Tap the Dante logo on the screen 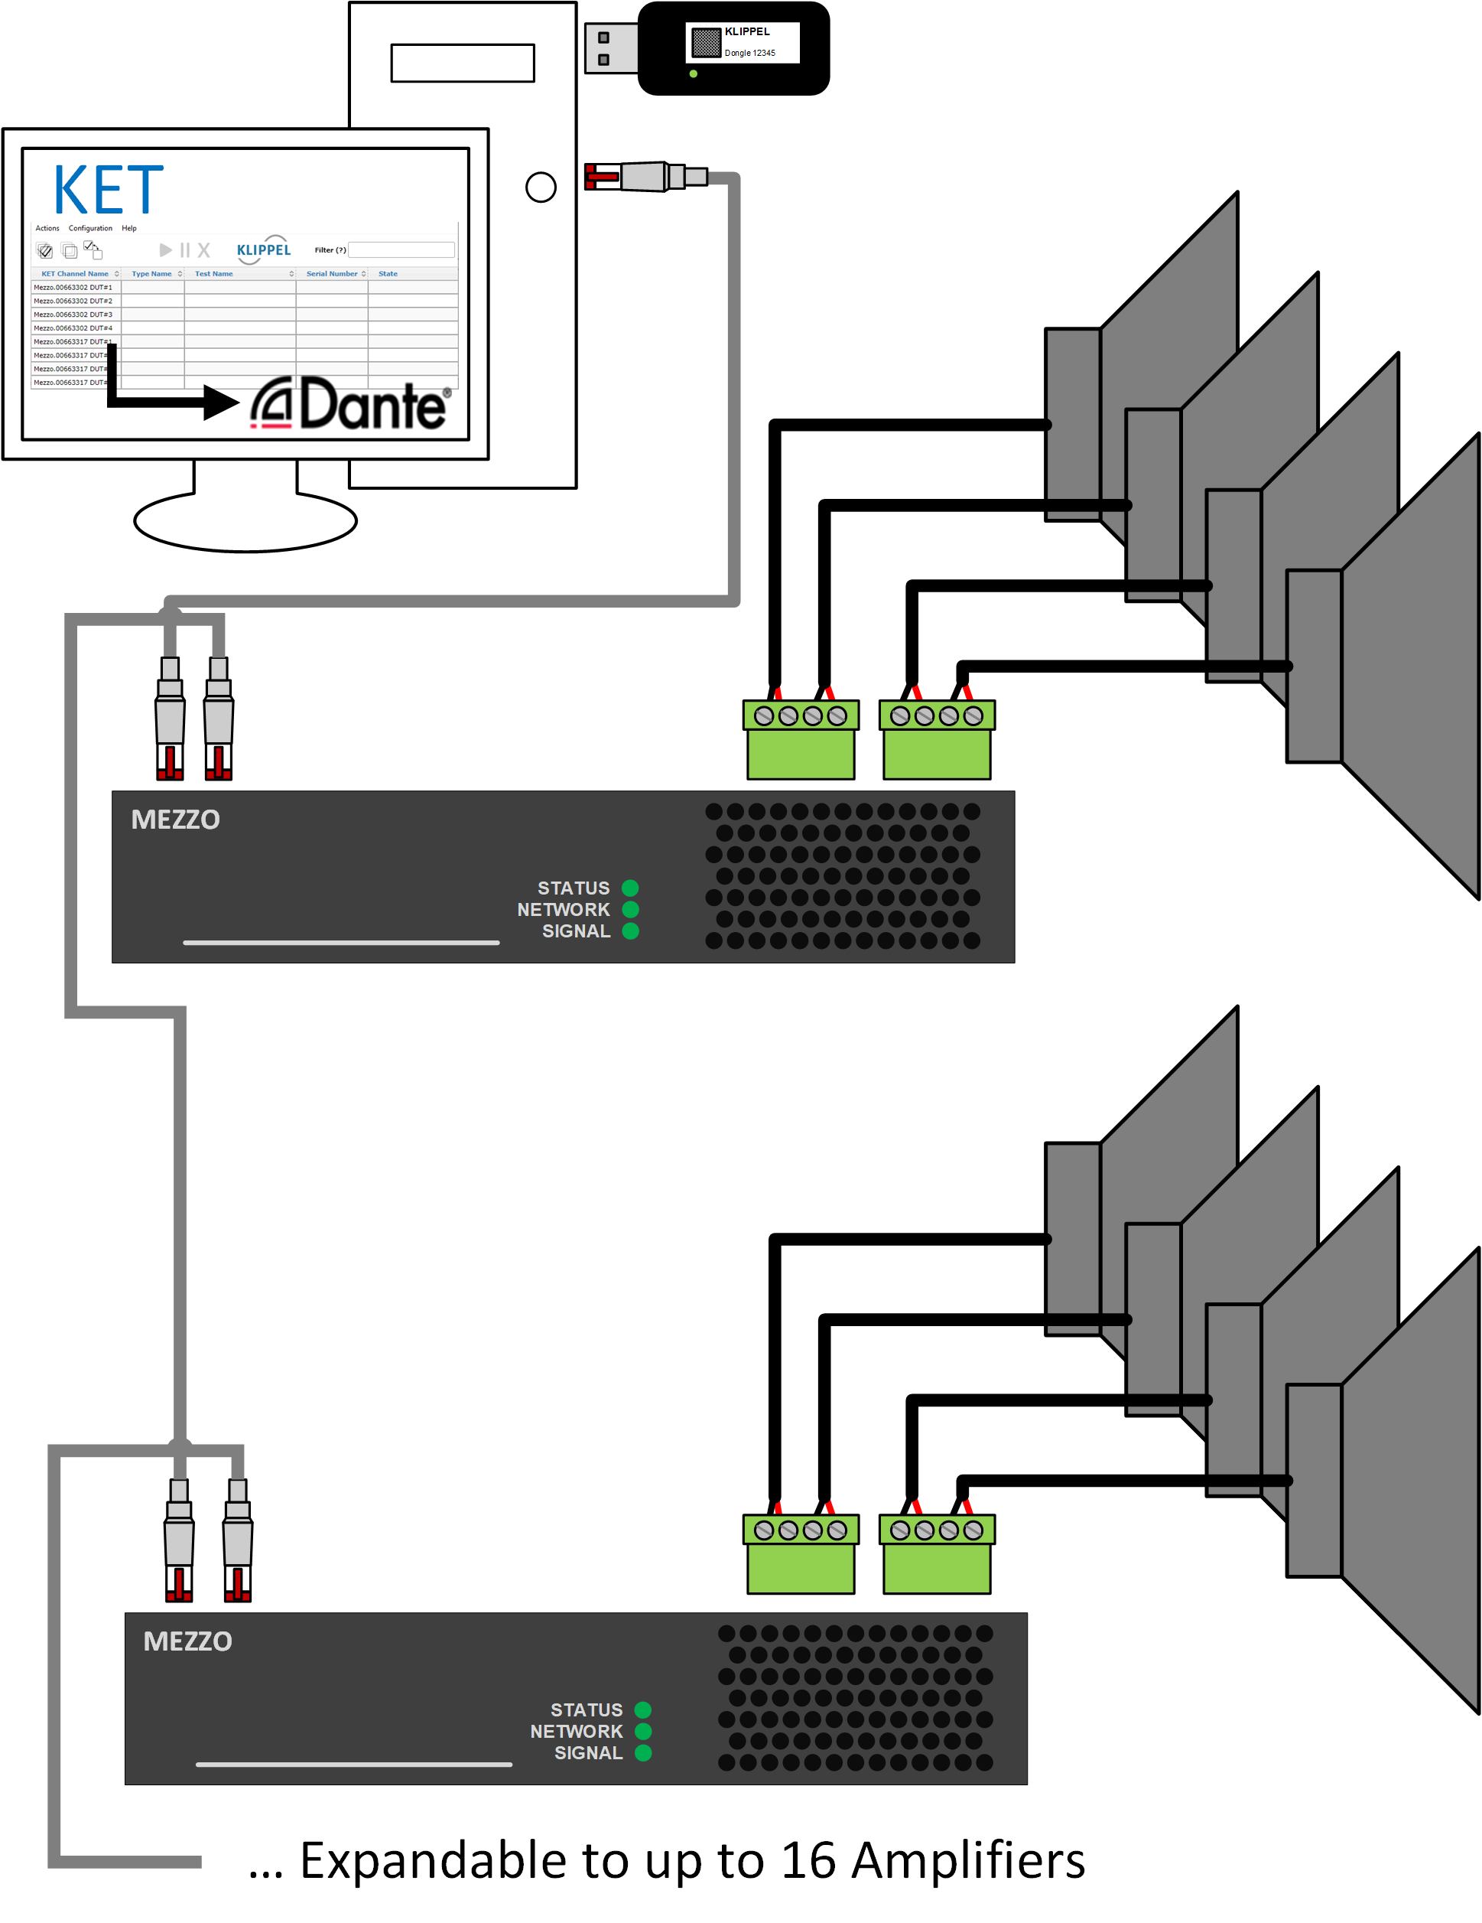[x=351, y=405]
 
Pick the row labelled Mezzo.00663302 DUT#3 [x=73, y=315]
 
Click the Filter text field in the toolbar [x=401, y=250]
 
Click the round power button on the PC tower [x=541, y=187]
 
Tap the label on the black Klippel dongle [x=742, y=42]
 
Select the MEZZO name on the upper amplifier [x=175, y=820]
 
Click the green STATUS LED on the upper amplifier [x=630, y=888]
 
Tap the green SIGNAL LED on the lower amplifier [x=643, y=1752]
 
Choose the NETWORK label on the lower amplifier [x=576, y=1731]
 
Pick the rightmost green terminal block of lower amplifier [x=938, y=1555]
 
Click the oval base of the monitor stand [x=245, y=521]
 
